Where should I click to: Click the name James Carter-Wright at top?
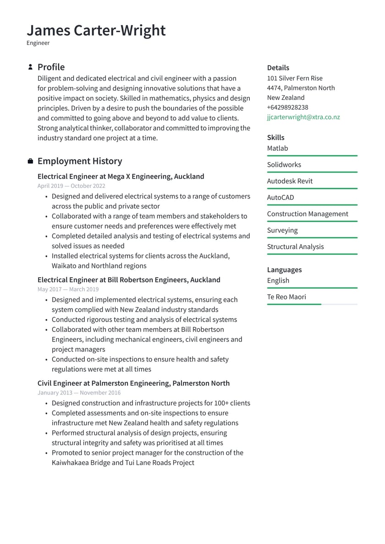click(96, 30)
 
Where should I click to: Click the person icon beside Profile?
click(30, 67)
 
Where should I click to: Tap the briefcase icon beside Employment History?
click(30, 161)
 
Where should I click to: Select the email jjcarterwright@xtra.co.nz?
click(303, 117)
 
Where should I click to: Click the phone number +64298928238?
click(287, 107)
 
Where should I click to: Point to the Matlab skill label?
click(277, 148)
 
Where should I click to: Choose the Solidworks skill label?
click(284, 165)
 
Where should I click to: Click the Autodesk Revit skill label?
click(290, 181)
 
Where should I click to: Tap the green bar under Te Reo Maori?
click(294, 304)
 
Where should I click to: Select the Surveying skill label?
click(282, 230)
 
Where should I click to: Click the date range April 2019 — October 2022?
click(71, 186)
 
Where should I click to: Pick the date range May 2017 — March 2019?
click(68, 289)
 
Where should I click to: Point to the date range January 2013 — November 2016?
click(79, 393)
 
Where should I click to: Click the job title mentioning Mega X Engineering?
click(121, 176)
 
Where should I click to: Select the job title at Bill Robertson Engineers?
click(129, 280)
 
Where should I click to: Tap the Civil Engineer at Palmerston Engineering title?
click(133, 383)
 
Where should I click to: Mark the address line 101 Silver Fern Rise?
click(295, 78)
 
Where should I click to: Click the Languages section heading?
click(284, 269)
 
